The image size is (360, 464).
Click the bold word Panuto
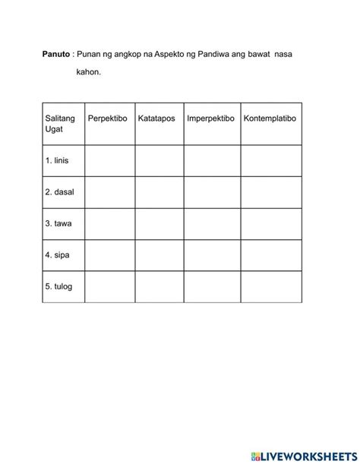tap(55, 55)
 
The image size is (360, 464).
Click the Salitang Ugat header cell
tap(62, 125)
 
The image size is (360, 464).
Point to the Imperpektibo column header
tap(211, 120)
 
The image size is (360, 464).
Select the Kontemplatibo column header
tap(270, 120)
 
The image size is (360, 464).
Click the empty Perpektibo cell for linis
tap(109, 161)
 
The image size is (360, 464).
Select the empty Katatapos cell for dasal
tap(159, 192)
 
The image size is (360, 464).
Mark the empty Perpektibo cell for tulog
tap(109, 286)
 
